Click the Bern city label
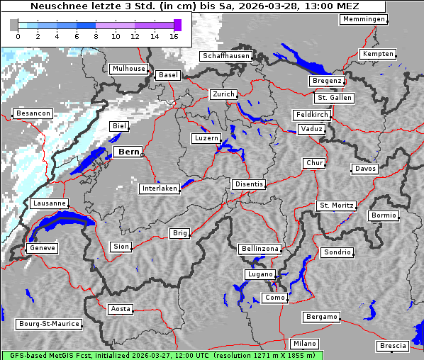click(128, 152)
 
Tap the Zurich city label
click(223, 94)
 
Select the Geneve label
click(41, 248)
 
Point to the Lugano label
click(260, 274)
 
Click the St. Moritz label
click(336, 206)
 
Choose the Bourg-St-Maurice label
click(49, 324)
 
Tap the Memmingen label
click(364, 19)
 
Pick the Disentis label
click(248, 184)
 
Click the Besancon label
click(33, 113)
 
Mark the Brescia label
click(393, 346)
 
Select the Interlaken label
click(159, 189)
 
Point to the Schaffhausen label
click(225, 56)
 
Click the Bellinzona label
click(260, 249)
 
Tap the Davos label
click(365, 169)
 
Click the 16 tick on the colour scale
click(173, 36)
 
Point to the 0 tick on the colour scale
click(18, 36)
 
